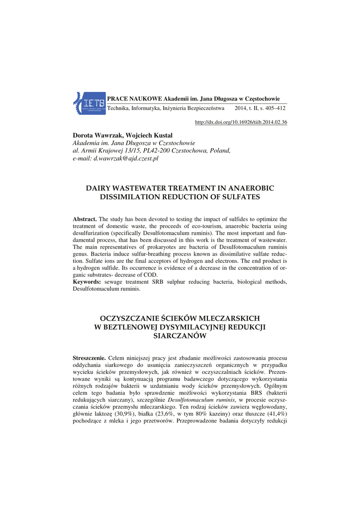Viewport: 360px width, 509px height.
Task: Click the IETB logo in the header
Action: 90,103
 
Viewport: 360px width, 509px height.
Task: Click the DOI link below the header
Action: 241,122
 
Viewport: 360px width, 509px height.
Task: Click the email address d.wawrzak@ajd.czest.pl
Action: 126,158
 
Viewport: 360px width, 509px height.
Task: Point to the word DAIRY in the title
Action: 101,188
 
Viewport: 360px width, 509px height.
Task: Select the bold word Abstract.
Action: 85,219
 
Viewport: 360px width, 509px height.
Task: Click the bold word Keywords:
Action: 87,282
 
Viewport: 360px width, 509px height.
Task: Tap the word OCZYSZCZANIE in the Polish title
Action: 130,318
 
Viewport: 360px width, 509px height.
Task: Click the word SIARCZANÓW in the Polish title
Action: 180,336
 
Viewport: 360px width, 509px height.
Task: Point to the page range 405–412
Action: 275,108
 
